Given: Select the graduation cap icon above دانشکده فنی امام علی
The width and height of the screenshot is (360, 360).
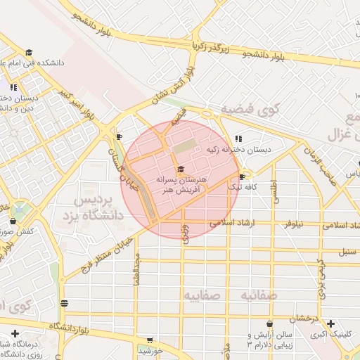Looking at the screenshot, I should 29,52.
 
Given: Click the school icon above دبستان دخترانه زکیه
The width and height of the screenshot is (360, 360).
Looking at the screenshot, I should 239,139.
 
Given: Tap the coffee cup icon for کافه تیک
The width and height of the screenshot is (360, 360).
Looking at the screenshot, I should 243,176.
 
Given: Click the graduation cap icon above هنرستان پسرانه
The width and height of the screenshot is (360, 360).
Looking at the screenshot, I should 181,169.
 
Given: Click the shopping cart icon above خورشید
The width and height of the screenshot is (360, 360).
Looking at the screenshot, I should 149,340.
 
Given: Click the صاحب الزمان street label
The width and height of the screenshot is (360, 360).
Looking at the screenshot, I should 311,162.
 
